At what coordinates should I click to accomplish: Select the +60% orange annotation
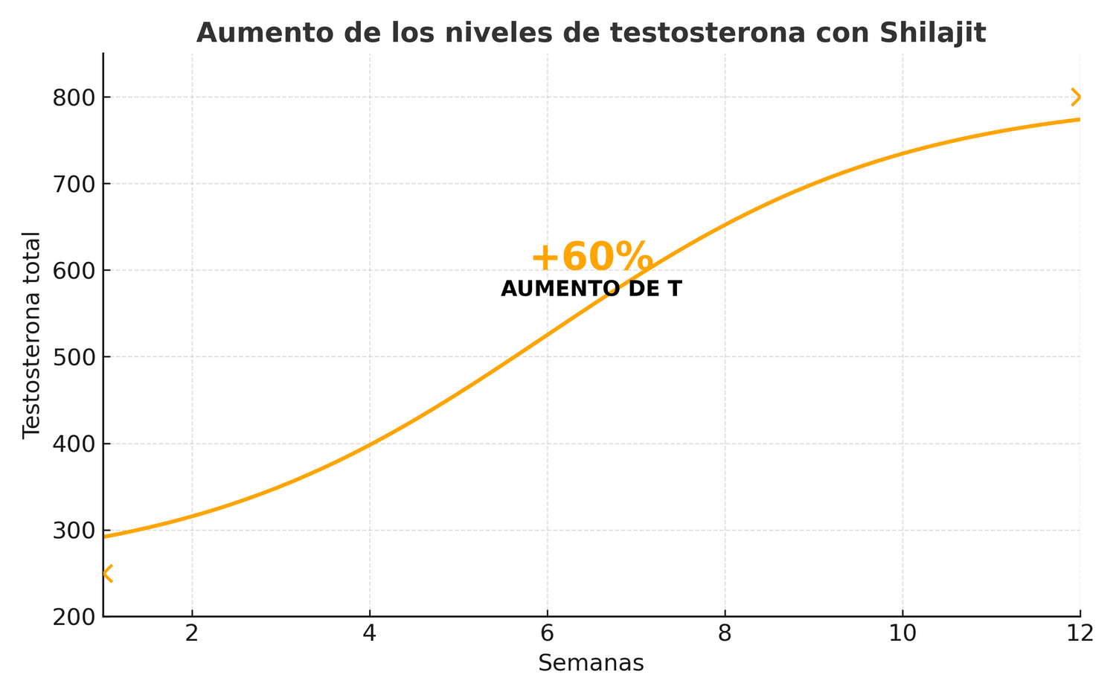point(591,257)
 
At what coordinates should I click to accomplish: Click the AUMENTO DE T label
point(591,289)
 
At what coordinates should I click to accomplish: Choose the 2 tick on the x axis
point(192,633)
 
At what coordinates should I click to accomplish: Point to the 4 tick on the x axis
point(370,633)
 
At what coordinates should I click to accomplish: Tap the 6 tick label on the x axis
point(548,633)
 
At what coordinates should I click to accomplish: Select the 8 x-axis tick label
point(725,633)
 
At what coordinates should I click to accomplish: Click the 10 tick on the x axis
point(902,633)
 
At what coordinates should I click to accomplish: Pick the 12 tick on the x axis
point(1080,633)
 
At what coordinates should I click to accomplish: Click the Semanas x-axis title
point(591,663)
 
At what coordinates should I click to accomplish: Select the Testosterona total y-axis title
point(31,335)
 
